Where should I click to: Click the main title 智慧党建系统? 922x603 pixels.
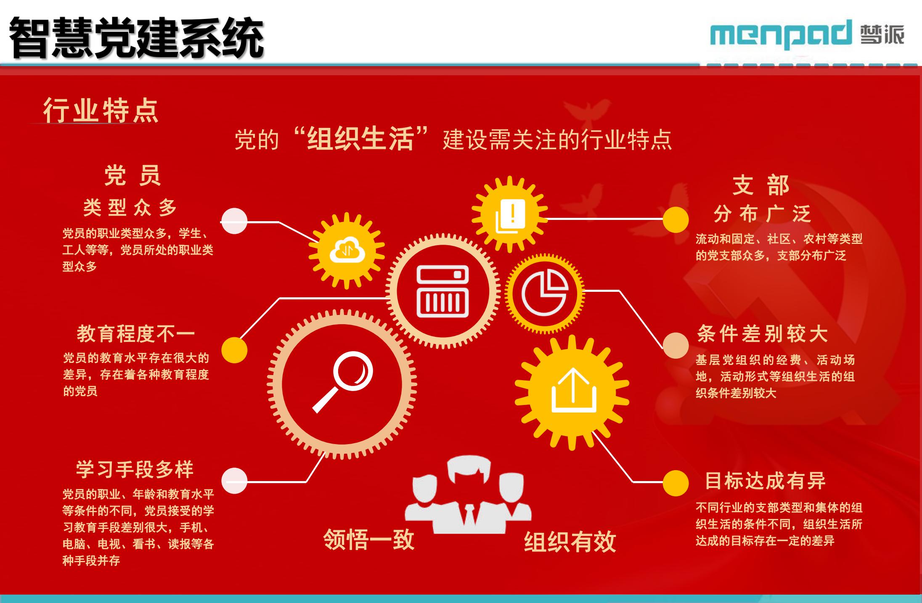pyautogui.click(x=136, y=38)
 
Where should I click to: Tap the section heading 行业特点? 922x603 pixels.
pyautogui.click(x=101, y=111)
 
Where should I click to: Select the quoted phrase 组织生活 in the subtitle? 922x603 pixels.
pyautogui.click(x=360, y=138)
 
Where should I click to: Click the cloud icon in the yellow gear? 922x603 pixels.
pyautogui.click(x=347, y=251)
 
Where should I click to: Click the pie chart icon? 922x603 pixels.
pyautogui.click(x=545, y=293)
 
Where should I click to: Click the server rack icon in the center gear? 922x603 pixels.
pyautogui.click(x=442, y=291)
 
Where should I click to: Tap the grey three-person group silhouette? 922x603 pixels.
pyautogui.click(x=468, y=495)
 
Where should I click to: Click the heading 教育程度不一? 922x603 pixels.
pyautogui.click(x=135, y=334)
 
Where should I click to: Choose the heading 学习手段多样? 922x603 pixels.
pyautogui.click(x=135, y=469)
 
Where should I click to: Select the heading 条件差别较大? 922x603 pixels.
pyautogui.click(x=762, y=334)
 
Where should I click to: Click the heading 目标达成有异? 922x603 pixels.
pyautogui.click(x=765, y=481)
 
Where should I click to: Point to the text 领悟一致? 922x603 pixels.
pyautogui.click(x=369, y=540)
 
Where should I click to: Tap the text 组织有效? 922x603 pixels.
pyautogui.click(x=570, y=542)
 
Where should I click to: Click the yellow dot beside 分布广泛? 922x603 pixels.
pyautogui.click(x=676, y=220)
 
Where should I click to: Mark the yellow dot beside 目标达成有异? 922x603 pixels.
pyautogui.click(x=676, y=483)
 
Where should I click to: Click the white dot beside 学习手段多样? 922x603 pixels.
pyautogui.click(x=234, y=481)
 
